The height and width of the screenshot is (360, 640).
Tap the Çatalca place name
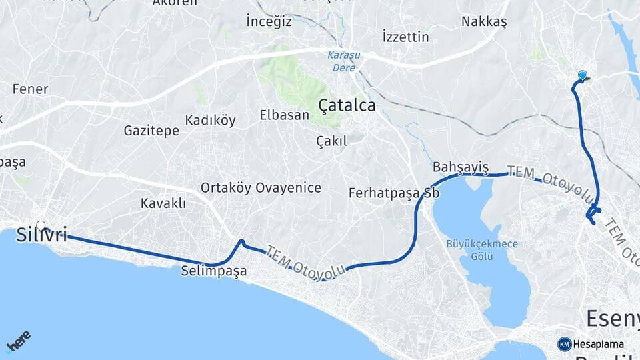click(x=347, y=105)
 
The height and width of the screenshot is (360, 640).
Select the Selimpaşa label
click(x=213, y=271)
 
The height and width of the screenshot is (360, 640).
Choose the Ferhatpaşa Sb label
click(x=389, y=193)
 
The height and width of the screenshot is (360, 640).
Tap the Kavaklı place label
click(x=163, y=203)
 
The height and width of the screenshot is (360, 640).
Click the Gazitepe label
click(x=151, y=131)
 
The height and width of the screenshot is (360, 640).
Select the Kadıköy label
click(x=210, y=120)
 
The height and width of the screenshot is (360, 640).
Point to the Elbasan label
click(x=284, y=115)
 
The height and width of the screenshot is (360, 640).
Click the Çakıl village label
click(x=331, y=141)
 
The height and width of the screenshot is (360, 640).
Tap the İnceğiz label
click(x=269, y=21)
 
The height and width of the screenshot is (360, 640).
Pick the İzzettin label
click(x=406, y=37)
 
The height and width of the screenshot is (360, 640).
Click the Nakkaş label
click(x=484, y=21)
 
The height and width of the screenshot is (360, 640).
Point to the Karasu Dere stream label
click(x=343, y=61)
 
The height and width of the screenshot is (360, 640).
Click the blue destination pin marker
click(x=583, y=76)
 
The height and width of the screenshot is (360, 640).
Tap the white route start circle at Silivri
click(x=41, y=226)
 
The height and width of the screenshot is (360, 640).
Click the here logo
click(x=18, y=341)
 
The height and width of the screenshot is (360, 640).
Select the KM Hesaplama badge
click(x=591, y=344)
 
